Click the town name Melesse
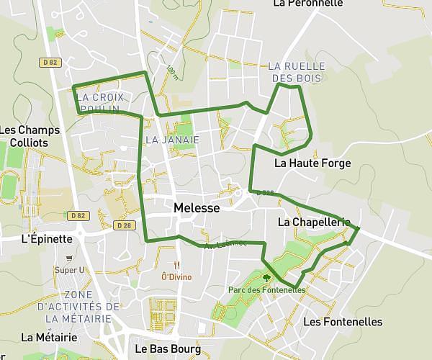[x=196, y=207]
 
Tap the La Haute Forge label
[x=312, y=163]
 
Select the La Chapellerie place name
[x=313, y=222]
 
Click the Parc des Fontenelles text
[x=266, y=290]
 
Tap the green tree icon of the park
[x=267, y=276]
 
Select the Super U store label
[x=70, y=270]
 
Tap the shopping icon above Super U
[x=69, y=258]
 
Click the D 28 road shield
[x=123, y=225]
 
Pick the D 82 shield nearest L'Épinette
[x=78, y=215]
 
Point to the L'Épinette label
[x=47, y=238]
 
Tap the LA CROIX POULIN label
[x=99, y=102]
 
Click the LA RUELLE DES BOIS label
[x=296, y=72]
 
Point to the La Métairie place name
[x=49, y=337]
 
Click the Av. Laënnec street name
[x=225, y=245]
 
